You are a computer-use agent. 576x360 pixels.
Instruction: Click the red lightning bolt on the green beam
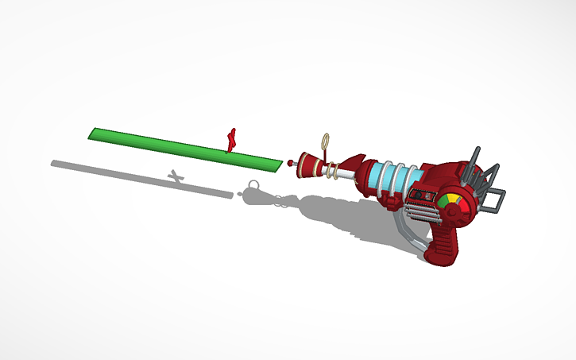pos(231,140)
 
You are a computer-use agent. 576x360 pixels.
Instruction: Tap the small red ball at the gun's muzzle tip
pos(292,163)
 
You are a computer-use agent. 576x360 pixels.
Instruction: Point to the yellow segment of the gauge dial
pos(450,197)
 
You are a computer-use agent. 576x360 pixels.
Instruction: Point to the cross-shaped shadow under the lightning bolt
pos(176,175)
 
